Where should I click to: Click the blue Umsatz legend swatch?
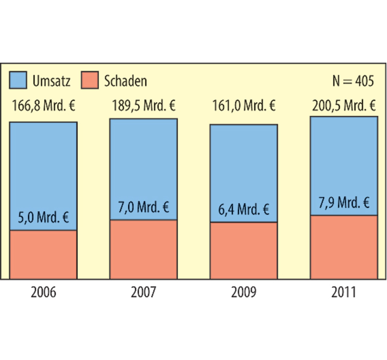click(x=18, y=80)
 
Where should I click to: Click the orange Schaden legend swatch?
click(x=90, y=80)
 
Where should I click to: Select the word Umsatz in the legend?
click(x=51, y=81)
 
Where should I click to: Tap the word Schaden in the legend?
click(x=125, y=81)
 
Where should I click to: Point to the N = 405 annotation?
click(x=353, y=81)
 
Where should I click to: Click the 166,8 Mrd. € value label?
click(x=44, y=106)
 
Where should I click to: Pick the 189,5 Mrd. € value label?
click(x=144, y=106)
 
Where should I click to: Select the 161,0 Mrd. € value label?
click(x=244, y=106)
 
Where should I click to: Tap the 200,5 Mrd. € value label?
click(x=344, y=106)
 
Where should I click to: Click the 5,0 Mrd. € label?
click(x=44, y=218)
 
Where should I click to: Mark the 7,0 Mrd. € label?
click(x=144, y=208)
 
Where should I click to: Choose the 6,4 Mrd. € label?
click(x=244, y=209)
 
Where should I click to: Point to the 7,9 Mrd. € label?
click(x=344, y=203)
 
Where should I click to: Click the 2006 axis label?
click(x=44, y=292)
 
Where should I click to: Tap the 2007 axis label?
click(x=144, y=292)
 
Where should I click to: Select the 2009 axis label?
click(x=244, y=292)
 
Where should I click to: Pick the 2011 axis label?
click(x=344, y=292)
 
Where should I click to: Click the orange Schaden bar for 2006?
click(x=44, y=254)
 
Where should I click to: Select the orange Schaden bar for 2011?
click(x=344, y=247)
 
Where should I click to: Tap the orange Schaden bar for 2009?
click(x=244, y=250)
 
